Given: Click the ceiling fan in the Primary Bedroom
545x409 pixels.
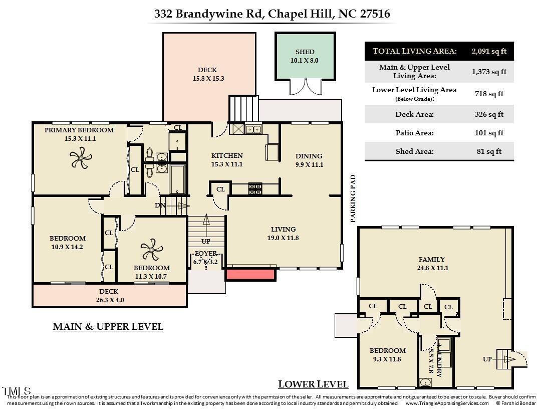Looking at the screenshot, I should (x=80, y=160).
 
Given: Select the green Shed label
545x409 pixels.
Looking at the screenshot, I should (x=305, y=52).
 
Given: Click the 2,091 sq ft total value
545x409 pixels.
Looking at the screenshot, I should (x=489, y=51).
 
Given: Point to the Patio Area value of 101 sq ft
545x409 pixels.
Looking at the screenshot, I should (x=489, y=133).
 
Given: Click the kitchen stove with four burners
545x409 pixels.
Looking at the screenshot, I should (x=255, y=188).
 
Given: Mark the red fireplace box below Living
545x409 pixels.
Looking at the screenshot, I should (x=250, y=274).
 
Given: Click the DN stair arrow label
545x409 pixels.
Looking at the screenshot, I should (x=160, y=206).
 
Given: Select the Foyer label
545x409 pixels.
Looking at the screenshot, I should (x=205, y=254).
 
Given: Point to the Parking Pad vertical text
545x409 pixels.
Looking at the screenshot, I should (x=353, y=198).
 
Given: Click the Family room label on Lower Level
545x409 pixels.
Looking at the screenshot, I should (x=431, y=260).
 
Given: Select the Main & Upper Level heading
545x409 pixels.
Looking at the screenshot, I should (x=108, y=327).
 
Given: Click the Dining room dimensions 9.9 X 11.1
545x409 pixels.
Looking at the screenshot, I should (x=309, y=164).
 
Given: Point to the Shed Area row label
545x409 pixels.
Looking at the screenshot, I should (x=414, y=151).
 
